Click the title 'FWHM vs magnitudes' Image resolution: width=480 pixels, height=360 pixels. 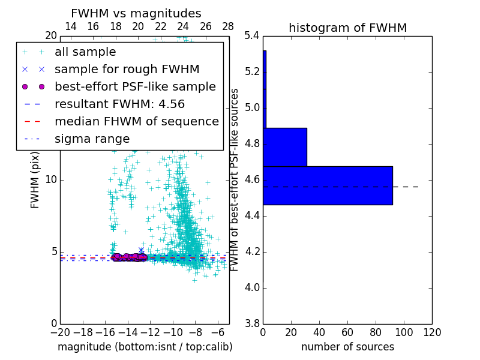(x=136, y=14)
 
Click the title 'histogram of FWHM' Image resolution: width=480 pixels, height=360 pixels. (x=347, y=28)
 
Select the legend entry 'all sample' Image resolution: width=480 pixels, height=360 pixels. (x=85, y=52)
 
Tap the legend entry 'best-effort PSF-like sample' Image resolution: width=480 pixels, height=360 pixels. (x=135, y=87)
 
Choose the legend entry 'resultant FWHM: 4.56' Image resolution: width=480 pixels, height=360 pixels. (x=119, y=104)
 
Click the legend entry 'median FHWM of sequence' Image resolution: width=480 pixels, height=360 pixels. (x=136, y=122)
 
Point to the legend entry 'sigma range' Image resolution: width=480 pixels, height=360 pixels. (x=92, y=139)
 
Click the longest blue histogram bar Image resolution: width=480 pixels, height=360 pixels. (x=328, y=185)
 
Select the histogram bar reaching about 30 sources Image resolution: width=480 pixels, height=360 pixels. (x=285, y=147)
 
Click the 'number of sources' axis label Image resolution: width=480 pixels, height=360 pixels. (x=347, y=347)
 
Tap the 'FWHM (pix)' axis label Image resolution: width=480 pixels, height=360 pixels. (x=35, y=179)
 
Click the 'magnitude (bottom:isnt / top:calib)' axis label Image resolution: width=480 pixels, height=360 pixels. (x=145, y=347)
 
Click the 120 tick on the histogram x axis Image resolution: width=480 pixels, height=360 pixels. (x=432, y=332)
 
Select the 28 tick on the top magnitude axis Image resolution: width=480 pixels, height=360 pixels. (x=228, y=27)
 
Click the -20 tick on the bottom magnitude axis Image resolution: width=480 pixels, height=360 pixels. (x=60, y=332)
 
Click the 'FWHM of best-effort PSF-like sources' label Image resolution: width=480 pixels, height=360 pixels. (x=235, y=179)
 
